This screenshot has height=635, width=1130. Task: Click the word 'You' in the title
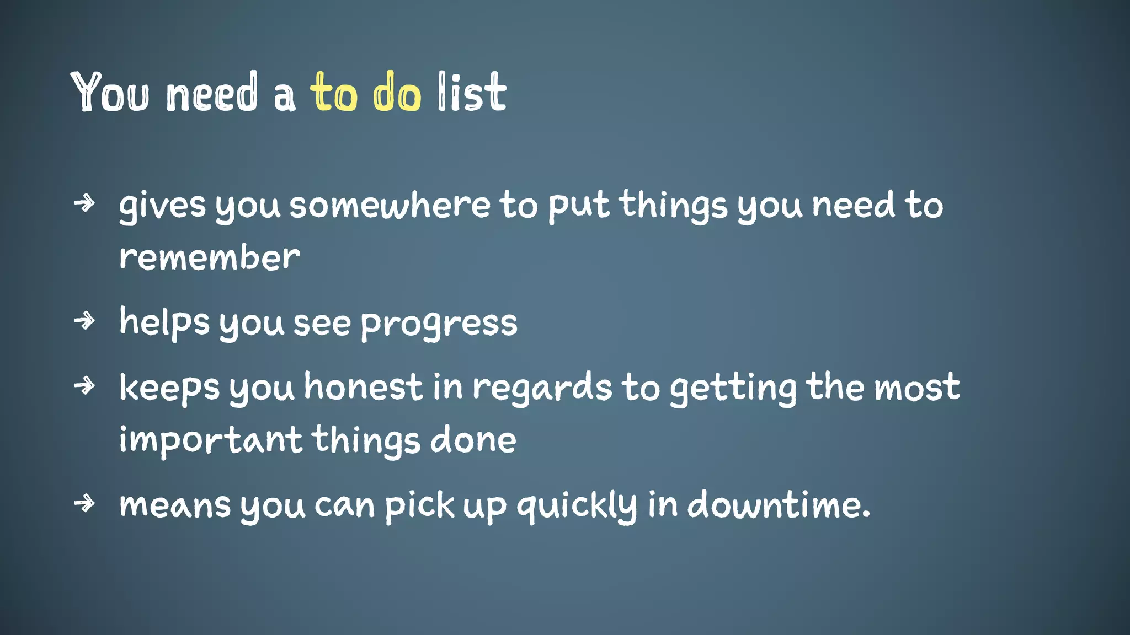pyautogui.click(x=110, y=93)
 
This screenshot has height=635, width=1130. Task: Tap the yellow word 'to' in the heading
pyautogui.click(x=334, y=93)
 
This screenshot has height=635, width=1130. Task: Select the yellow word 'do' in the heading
pyautogui.click(x=397, y=93)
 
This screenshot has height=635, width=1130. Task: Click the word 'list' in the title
pyautogui.click(x=472, y=93)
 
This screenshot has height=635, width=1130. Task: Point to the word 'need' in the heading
pyautogui.click(x=212, y=93)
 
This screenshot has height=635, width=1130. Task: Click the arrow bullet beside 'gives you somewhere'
pyautogui.click(x=84, y=203)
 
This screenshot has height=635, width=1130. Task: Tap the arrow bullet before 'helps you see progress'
pyautogui.click(x=84, y=320)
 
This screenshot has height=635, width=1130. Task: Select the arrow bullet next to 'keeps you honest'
pyautogui.click(x=84, y=385)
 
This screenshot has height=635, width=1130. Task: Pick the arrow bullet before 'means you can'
pyautogui.click(x=84, y=503)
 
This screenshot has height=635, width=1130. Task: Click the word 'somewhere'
pyautogui.click(x=390, y=205)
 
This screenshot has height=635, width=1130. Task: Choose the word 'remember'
pyautogui.click(x=210, y=257)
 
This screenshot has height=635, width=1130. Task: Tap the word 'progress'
pyautogui.click(x=439, y=324)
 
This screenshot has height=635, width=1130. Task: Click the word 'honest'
pyautogui.click(x=364, y=387)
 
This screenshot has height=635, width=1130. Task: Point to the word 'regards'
pyautogui.click(x=542, y=388)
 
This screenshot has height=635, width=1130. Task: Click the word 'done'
pyautogui.click(x=473, y=440)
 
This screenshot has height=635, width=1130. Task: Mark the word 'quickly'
pyautogui.click(x=577, y=505)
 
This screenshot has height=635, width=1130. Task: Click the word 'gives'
pyautogui.click(x=162, y=206)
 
